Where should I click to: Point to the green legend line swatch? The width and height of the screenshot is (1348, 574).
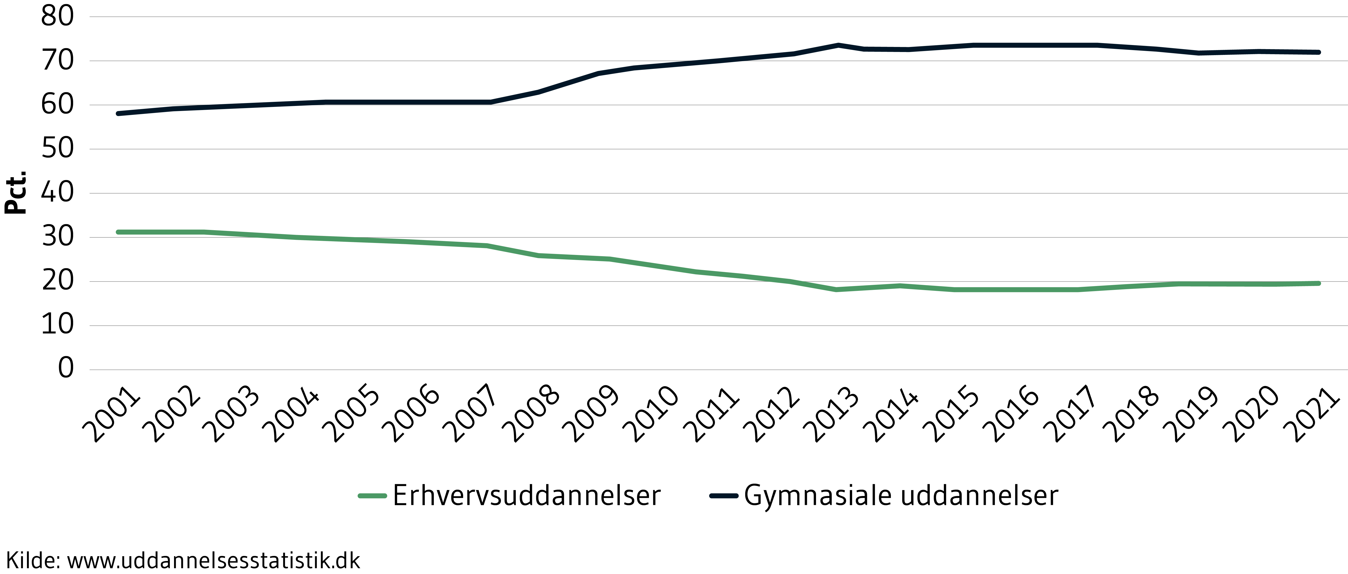[x=372, y=496]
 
